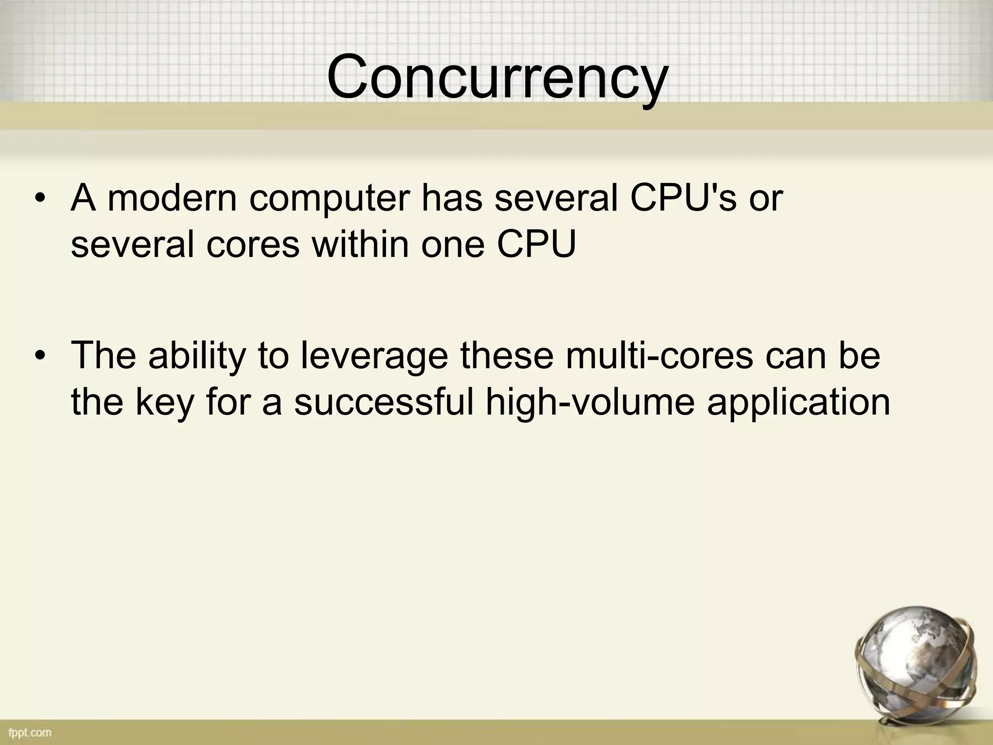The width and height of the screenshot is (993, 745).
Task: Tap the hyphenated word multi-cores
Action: [x=659, y=355]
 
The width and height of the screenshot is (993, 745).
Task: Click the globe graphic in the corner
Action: [x=912, y=664]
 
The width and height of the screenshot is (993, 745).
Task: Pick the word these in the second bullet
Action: [x=507, y=355]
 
